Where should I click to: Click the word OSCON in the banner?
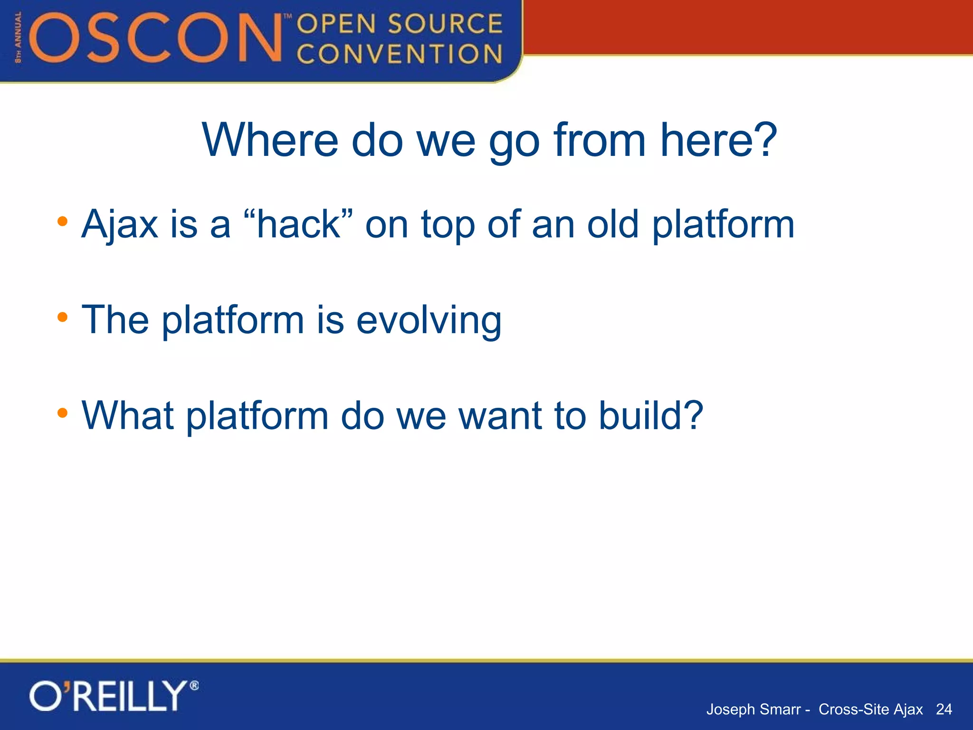tap(157, 38)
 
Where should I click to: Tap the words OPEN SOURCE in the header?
tap(400, 24)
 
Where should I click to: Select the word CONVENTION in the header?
tap(400, 54)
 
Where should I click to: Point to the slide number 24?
tap(944, 709)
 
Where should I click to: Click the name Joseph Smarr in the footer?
tap(753, 709)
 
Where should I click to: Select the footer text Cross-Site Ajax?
tap(870, 709)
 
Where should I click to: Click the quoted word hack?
tap(298, 224)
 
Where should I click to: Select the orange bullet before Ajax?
tap(62, 221)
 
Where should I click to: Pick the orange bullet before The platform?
tap(62, 317)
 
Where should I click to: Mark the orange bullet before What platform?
tap(62, 413)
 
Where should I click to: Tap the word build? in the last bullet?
tap(650, 415)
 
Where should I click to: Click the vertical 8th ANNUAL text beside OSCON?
tap(18, 38)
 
